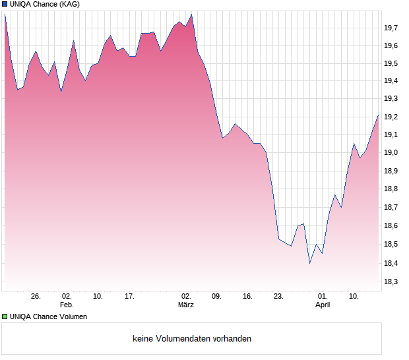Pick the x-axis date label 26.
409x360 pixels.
point(36,297)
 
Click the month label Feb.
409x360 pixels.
point(67,305)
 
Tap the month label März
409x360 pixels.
point(186,305)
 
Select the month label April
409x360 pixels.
point(323,305)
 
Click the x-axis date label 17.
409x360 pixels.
point(130,297)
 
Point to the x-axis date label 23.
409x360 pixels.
point(279,297)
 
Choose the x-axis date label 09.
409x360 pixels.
point(216,297)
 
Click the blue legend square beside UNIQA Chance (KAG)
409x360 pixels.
point(5,5)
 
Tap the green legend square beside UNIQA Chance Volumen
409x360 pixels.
point(5,316)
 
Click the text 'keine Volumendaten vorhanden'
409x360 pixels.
point(192,339)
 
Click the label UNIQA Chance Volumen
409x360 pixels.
point(48,316)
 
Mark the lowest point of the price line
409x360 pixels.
point(309,263)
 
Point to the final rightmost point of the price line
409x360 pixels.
point(378,115)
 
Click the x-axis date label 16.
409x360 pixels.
point(247,297)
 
